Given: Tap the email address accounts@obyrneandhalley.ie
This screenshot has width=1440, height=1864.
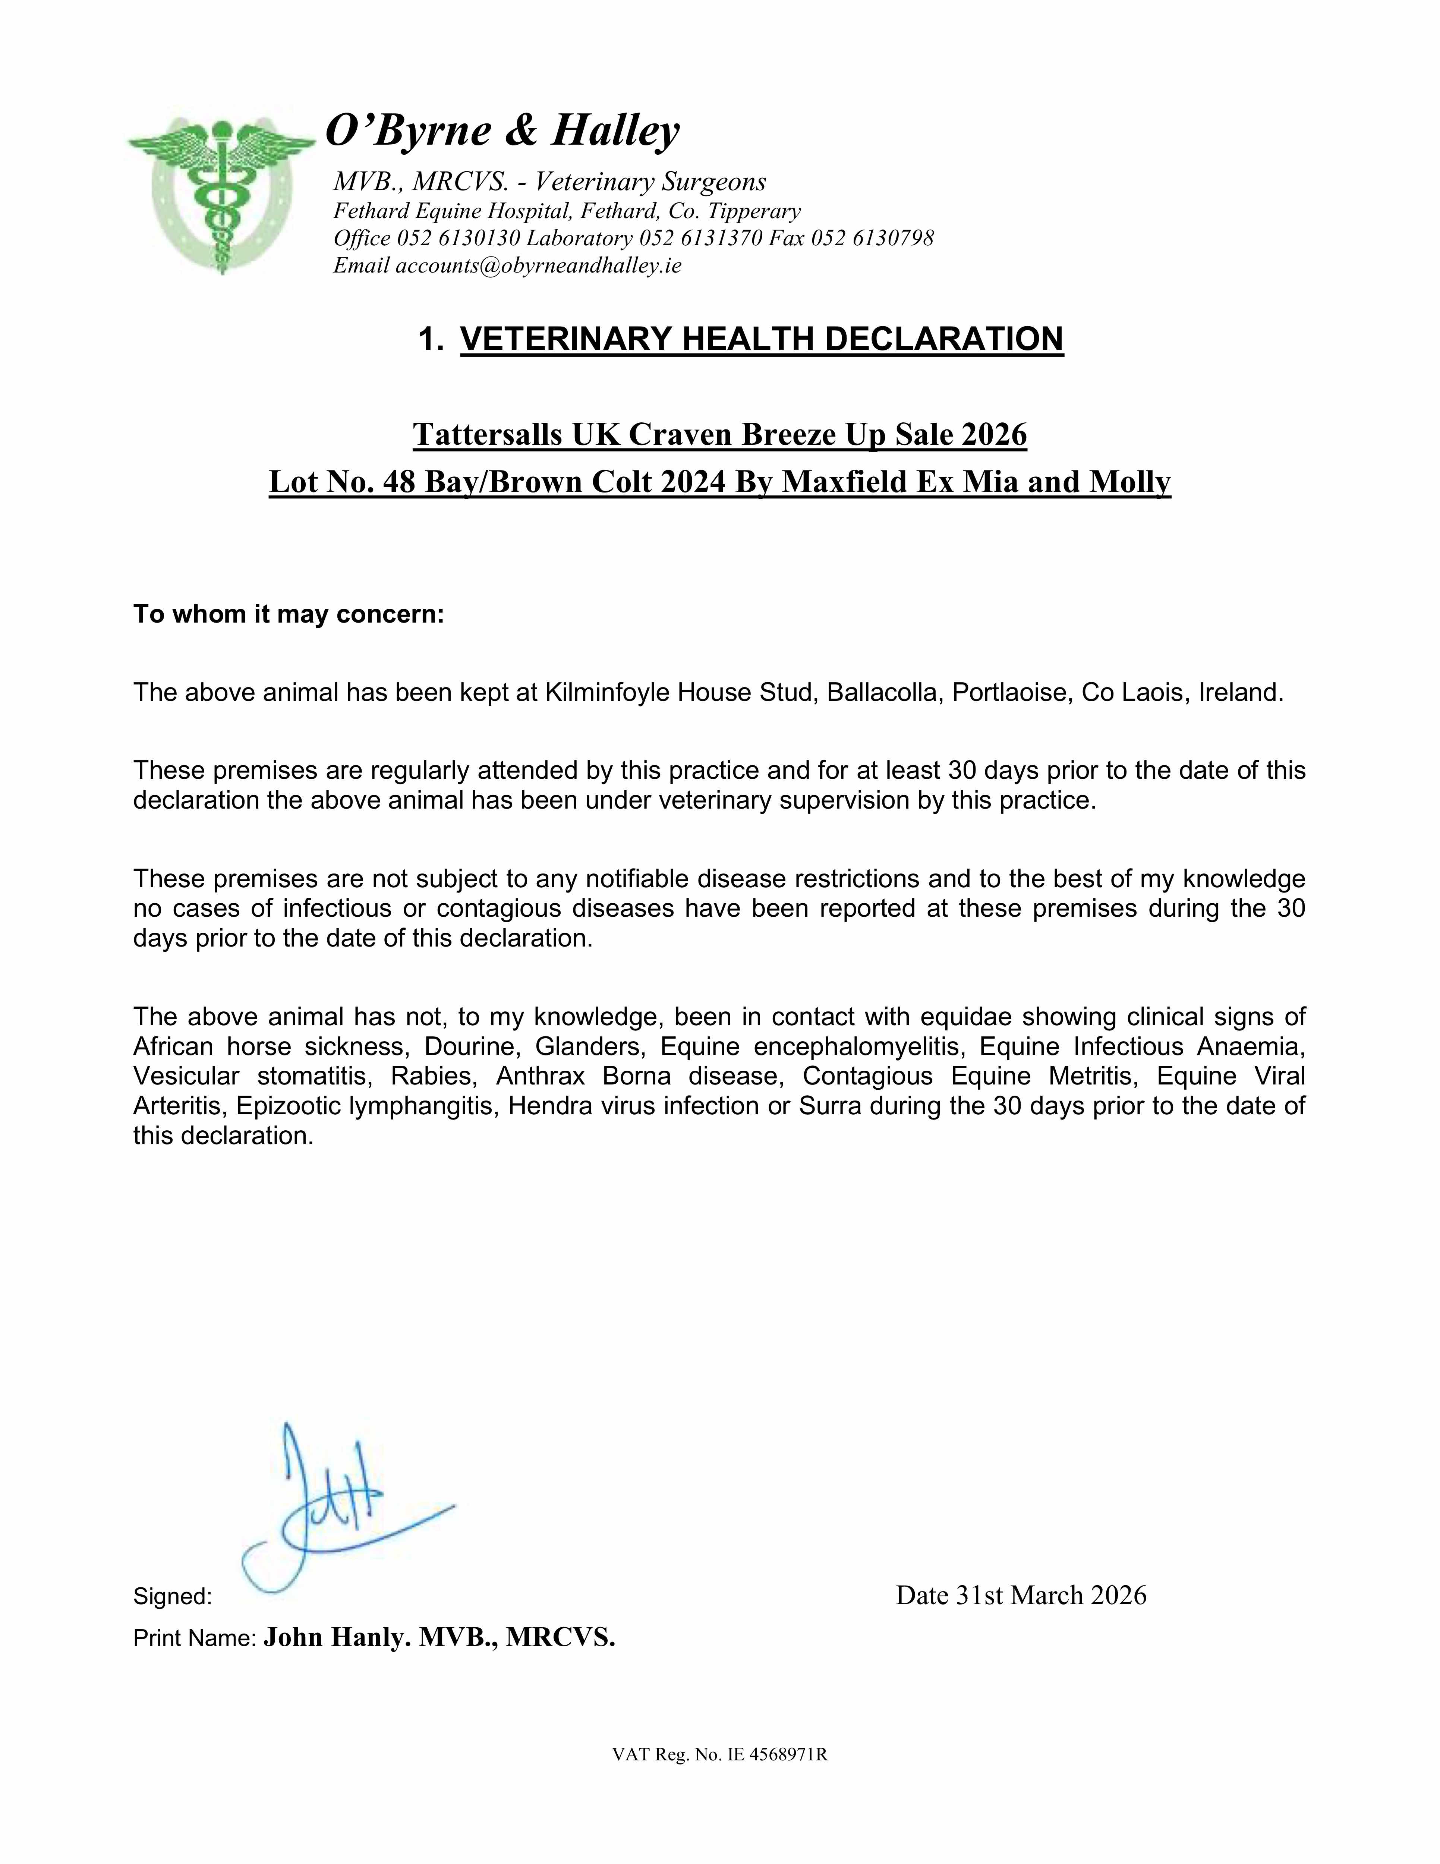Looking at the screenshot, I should point(538,265).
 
